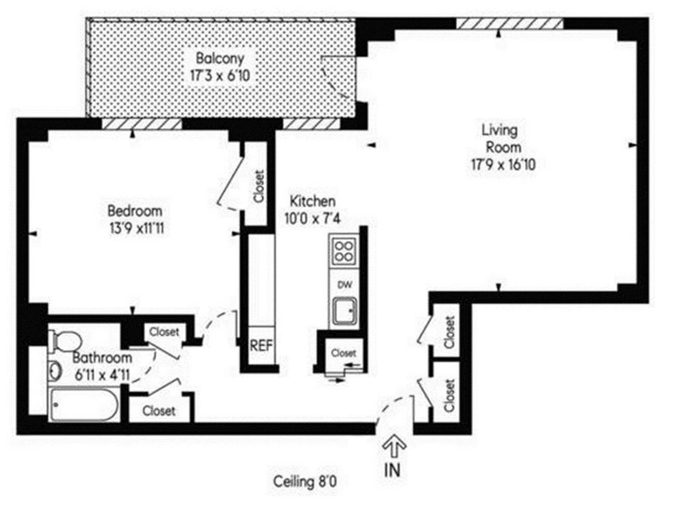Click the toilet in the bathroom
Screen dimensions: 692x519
pos(65,341)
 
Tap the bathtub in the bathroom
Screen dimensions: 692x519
pos(83,404)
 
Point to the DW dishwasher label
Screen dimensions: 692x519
pos(345,284)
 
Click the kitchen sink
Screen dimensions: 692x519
pos(345,311)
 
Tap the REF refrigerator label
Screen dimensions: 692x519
pos(261,346)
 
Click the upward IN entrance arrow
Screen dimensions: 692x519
pos(394,448)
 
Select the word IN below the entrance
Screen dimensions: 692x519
pos(392,470)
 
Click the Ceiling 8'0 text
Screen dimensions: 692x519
pos(305,482)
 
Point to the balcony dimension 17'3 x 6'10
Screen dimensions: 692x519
pos(220,76)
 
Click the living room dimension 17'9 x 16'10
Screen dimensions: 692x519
pos(503,165)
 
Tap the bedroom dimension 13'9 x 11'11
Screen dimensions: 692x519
pos(136,228)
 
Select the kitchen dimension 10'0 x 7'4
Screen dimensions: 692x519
pos(313,218)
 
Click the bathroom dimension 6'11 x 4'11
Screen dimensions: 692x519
pos(102,375)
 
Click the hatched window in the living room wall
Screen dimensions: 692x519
pos(510,23)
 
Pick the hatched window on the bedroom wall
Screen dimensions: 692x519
pos(142,124)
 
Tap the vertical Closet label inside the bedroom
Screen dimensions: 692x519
pos(259,186)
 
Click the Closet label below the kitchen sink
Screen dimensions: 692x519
pos(343,353)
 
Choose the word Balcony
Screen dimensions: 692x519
pos(220,58)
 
